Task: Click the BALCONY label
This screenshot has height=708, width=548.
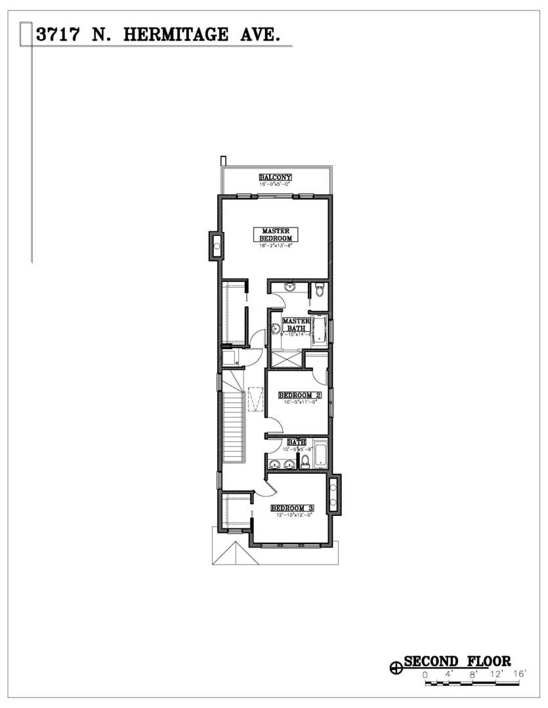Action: point(275,178)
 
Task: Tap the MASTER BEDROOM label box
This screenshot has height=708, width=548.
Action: point(276,235)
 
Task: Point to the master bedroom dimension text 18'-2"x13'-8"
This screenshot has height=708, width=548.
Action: point(276,246)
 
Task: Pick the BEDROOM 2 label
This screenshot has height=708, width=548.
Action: point(299,395)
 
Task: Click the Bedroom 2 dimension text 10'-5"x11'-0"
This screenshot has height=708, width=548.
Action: point(301,403)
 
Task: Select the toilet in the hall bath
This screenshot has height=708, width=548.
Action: point(305,462)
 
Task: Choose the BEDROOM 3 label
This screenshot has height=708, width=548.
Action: point(292,508)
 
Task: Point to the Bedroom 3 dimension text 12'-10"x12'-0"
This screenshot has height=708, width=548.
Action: point(292,515)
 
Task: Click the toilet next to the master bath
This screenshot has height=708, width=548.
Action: point(319,290)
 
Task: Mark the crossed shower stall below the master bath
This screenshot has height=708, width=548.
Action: point(285,360)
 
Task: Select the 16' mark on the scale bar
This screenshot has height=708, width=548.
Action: point(521,674)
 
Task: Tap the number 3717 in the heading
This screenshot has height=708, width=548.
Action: point(59,35)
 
